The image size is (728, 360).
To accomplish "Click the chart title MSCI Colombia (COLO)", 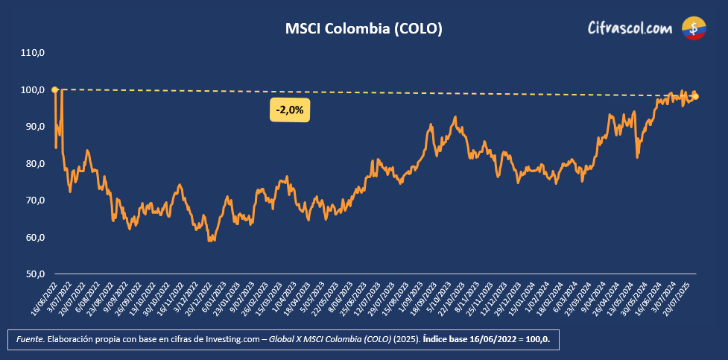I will coord(364,29).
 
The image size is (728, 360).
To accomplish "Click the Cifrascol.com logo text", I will coord(630,29).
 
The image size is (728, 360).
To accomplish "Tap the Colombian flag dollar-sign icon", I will coord(694,28).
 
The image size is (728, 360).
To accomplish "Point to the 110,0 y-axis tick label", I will coord(34,53).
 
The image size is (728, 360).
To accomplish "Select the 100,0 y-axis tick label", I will coord(34,90).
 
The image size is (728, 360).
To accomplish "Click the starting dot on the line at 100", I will coord(55,89).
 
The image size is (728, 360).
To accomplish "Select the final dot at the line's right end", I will coord(696,96).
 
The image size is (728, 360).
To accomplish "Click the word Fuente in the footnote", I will coord(30,340).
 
